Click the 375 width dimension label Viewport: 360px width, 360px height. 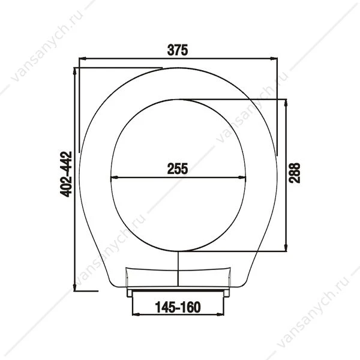[x=178, y=50]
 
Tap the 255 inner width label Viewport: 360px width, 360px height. [x=178, y=169]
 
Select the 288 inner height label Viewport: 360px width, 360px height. [x=295, y=173]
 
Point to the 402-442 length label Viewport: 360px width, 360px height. [x=66, y=174]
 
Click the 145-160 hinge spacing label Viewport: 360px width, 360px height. [x=178, y=307]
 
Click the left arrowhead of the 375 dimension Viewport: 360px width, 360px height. [x=82, y=59]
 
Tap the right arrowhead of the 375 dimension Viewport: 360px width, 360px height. [x=274, y=59]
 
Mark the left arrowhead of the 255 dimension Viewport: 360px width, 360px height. [x=115, y=177]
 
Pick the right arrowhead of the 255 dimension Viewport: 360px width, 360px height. [x=242, y=177]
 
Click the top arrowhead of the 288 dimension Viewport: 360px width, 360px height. [x=286, y=103]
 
